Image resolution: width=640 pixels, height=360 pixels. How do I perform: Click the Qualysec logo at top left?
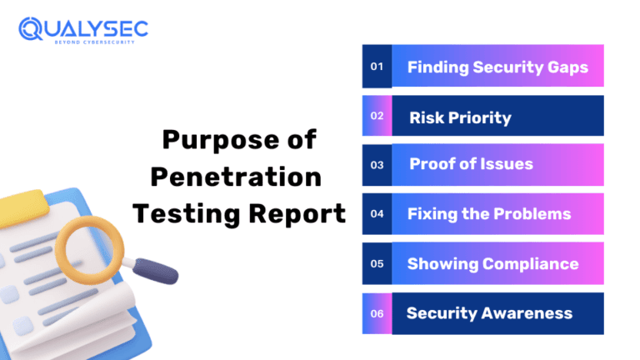(x=83, y=32)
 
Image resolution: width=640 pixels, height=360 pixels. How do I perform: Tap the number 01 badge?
(x=377, y=67)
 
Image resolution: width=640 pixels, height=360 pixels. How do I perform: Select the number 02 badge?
(x=377, y=116)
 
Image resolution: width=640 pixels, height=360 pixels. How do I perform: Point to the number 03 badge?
(x=377, y=165)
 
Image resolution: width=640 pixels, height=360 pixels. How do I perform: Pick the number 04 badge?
(x=377, y=214)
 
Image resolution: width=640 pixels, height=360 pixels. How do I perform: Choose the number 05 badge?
(x=377, y=263)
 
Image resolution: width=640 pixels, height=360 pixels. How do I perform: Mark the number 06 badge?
(x=377, y=313)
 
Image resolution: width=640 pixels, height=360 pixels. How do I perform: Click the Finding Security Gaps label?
(x=497, y=67)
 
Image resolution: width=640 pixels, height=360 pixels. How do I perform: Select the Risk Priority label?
(x=460, y=117)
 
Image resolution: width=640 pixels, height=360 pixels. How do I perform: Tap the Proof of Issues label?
(x=471, y=164)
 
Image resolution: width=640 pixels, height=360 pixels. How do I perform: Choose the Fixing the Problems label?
(x=489, y=214)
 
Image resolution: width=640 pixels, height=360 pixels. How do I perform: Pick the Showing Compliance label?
(x=492, y=263)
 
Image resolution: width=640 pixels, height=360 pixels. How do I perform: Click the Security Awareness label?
(x=489, y=313)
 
